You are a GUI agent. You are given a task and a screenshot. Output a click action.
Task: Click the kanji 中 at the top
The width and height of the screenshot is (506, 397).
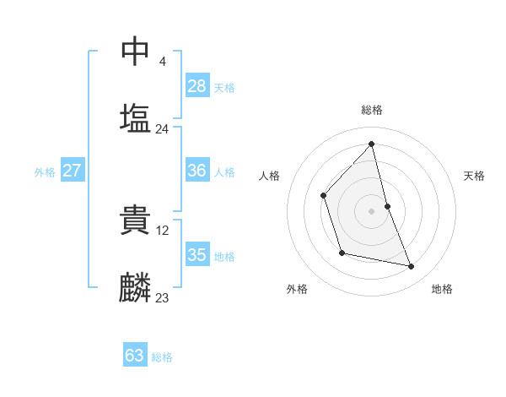[136, 51]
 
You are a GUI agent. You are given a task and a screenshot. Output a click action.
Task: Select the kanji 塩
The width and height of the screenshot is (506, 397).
[136, 117]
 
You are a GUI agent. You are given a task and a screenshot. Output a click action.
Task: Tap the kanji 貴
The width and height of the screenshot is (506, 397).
[136, 220]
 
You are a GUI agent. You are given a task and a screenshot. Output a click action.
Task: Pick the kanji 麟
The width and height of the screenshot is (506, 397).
[136, 287]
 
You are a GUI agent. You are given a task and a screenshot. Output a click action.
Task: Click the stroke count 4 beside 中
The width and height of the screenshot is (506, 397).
[162, 61]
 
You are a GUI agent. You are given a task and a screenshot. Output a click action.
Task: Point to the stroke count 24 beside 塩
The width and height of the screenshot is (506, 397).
[162, 129]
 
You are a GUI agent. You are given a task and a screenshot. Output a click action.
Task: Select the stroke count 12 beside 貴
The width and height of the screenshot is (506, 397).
[164, 230]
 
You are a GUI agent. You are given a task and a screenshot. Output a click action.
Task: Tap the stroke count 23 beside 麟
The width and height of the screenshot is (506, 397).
[162, 297]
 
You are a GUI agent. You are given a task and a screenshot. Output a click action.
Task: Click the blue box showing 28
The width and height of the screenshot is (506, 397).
[197, 85]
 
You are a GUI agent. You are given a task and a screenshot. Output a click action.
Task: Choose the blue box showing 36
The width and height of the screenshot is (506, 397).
[197, 171]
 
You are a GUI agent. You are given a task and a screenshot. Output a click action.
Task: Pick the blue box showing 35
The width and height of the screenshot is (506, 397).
[197, 255]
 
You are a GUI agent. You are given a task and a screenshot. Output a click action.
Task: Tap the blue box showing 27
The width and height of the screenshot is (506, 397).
[72, 171]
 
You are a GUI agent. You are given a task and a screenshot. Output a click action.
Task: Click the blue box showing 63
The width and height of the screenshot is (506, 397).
[135, 356]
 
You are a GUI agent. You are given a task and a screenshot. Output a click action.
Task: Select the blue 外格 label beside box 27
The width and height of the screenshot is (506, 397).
[45, 172]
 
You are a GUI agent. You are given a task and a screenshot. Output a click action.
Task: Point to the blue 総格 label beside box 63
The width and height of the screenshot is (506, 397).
[162, 357]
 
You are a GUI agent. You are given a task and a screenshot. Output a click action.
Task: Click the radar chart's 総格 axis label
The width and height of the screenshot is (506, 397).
[372, 110]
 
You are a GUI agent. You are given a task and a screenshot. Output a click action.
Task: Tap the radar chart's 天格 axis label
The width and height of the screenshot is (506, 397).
[474, 176]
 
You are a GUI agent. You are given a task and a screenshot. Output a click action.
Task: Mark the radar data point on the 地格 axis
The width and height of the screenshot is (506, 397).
[412, 266]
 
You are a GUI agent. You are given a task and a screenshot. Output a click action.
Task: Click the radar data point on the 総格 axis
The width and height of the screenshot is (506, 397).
[372, 144]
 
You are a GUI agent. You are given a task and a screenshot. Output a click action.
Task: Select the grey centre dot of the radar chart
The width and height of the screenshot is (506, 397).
[372, 211]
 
